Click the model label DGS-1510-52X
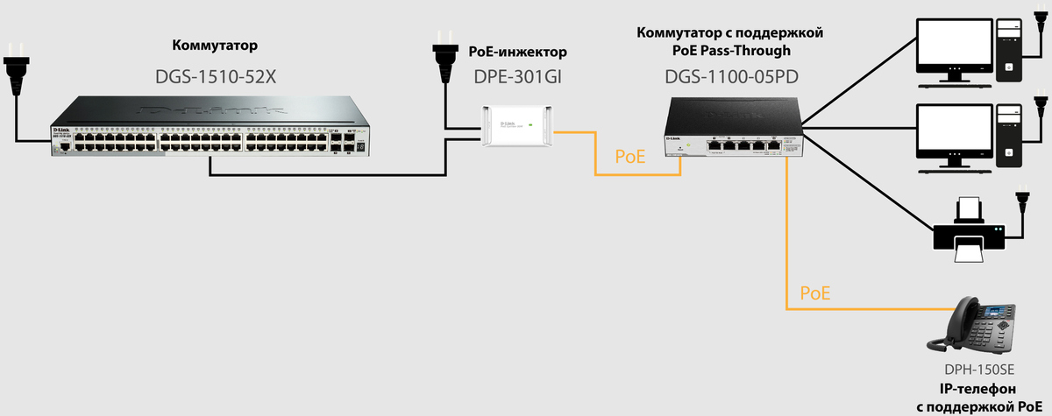click(x=216, y=76)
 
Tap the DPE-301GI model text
click(x=517, y=76)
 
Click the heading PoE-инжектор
click(x=518, y=52)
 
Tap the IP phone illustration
click(x=977, y=324)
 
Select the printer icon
click(x=969, y=229)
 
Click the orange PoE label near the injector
click(x=629, y=157)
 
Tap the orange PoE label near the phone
click(x=816, y=292)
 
